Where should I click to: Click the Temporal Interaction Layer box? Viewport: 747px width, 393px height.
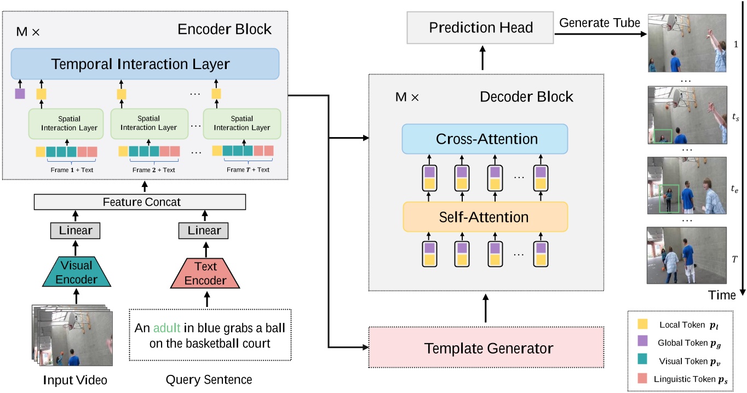click(145, 64)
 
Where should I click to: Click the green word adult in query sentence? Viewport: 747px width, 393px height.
click(166, 329)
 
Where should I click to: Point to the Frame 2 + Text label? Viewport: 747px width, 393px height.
click(153, 170)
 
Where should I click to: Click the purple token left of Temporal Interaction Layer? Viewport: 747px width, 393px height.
click(20, 93)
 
